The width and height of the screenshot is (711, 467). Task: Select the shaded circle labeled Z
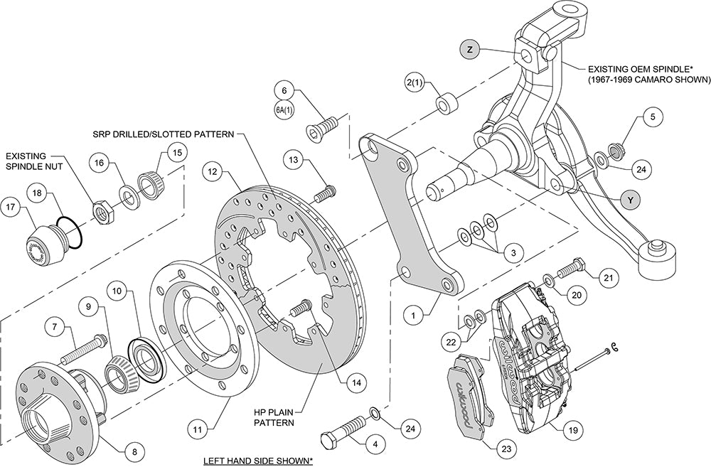coord(470,50)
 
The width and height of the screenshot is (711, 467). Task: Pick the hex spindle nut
coord(102,210)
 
